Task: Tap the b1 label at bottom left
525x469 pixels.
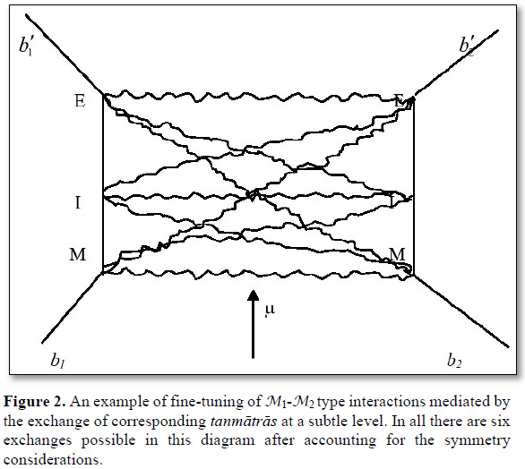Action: pos(57,360)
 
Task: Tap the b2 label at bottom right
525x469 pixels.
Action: pos(454,360)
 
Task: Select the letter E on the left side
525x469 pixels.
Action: pos(80,100)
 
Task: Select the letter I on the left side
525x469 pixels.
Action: pos(78,202)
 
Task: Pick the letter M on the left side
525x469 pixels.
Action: pos(78,254)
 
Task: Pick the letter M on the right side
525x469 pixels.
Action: pos(398,254)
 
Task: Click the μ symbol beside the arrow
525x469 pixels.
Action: pos(270,310)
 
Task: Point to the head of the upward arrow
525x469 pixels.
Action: pos(254,290)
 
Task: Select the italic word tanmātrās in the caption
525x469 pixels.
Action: pos(244,421)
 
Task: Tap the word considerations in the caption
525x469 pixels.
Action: pos(53,460)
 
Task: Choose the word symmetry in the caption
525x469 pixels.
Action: pos(478,441)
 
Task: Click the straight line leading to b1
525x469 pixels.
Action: pos(72,308)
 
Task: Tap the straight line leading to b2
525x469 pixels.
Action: pos(461,311)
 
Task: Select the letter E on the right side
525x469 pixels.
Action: pos(400,100)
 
